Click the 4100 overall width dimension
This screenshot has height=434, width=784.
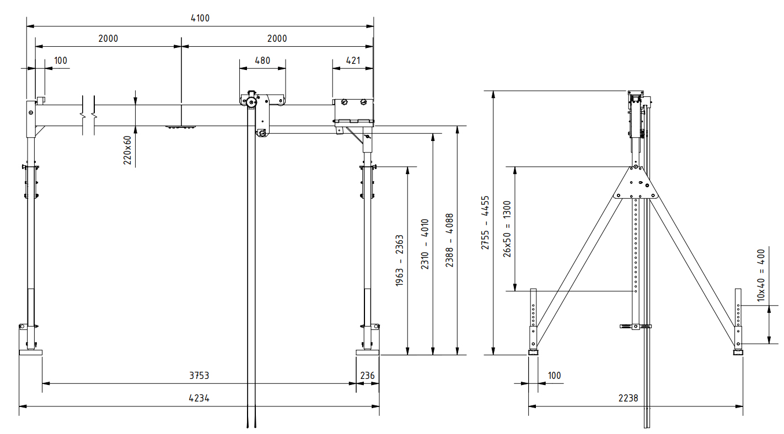tap(200, 18)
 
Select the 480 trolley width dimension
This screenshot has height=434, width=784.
tap(262, 61)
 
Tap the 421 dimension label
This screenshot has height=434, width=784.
tap(352, 61)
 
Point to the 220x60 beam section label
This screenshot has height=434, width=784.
tap(127, 150)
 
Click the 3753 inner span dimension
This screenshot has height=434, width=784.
tap(199, 376)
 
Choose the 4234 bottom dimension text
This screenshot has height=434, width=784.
tap(199, 398)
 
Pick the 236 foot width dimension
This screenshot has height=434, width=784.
tap(367, 376)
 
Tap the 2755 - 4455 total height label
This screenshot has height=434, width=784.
tap(485, 223)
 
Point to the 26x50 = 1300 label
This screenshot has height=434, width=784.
tap(507, 229)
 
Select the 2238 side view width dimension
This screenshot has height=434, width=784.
tap(636, 398)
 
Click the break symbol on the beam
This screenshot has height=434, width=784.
tap(89, 115)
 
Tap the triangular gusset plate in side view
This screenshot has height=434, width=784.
tap(636, 185)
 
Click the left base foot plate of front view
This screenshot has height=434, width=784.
tap(30, 352)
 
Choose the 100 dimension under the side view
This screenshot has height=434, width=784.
tap(554, 376)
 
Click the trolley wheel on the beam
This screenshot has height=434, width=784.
tap(252, 102)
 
